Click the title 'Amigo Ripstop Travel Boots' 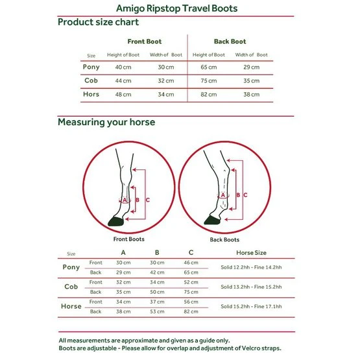[176, 8]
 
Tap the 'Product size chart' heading [98, 22]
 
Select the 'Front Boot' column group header [145, 42]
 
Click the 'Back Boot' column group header [230, 42]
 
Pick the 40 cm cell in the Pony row [123, 67]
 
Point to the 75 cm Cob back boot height [209, 81]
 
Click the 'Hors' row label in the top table [91, 94]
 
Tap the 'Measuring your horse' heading [106, 122]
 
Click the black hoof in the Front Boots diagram [116, 221]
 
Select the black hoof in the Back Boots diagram [212, 220]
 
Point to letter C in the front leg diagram [148, 200]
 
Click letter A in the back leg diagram [222, 195]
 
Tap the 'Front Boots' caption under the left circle [129, 239]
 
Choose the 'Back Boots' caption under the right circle [224, 240]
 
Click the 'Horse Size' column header [251, 253]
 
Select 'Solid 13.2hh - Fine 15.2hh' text [251, 287]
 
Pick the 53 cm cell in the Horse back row [157, 311]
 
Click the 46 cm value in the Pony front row [191, 263]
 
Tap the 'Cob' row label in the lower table [71, 287]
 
